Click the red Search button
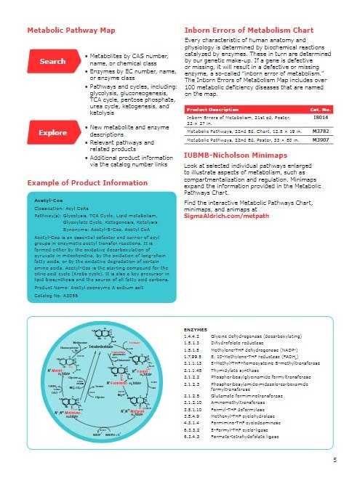click(x=52, y=62)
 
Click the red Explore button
click(x=52, y=133)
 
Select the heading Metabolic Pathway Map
click(x=71, y=31)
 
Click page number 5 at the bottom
click(x=335, y=460)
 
